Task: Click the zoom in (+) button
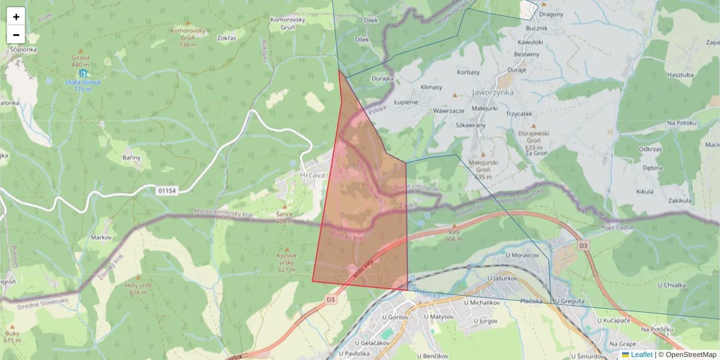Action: [x=16, y=16]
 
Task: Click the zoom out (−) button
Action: [x=16, y=35]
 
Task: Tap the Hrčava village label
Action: [x=311, y=175]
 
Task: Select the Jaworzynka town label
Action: [x=493, y=93]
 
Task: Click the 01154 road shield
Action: [x=167, y=190]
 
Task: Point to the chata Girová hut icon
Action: [x=83, y=73]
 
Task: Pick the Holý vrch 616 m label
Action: [x=137, y=289]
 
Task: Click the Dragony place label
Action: [x=551, y=14]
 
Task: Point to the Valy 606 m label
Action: [x=454, y=235]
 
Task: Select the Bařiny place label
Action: [x=131, y=158]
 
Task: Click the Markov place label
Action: [x=101, y=238]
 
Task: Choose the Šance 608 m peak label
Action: [x=284, y=217]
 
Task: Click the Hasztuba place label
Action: [x=680, y=75]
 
